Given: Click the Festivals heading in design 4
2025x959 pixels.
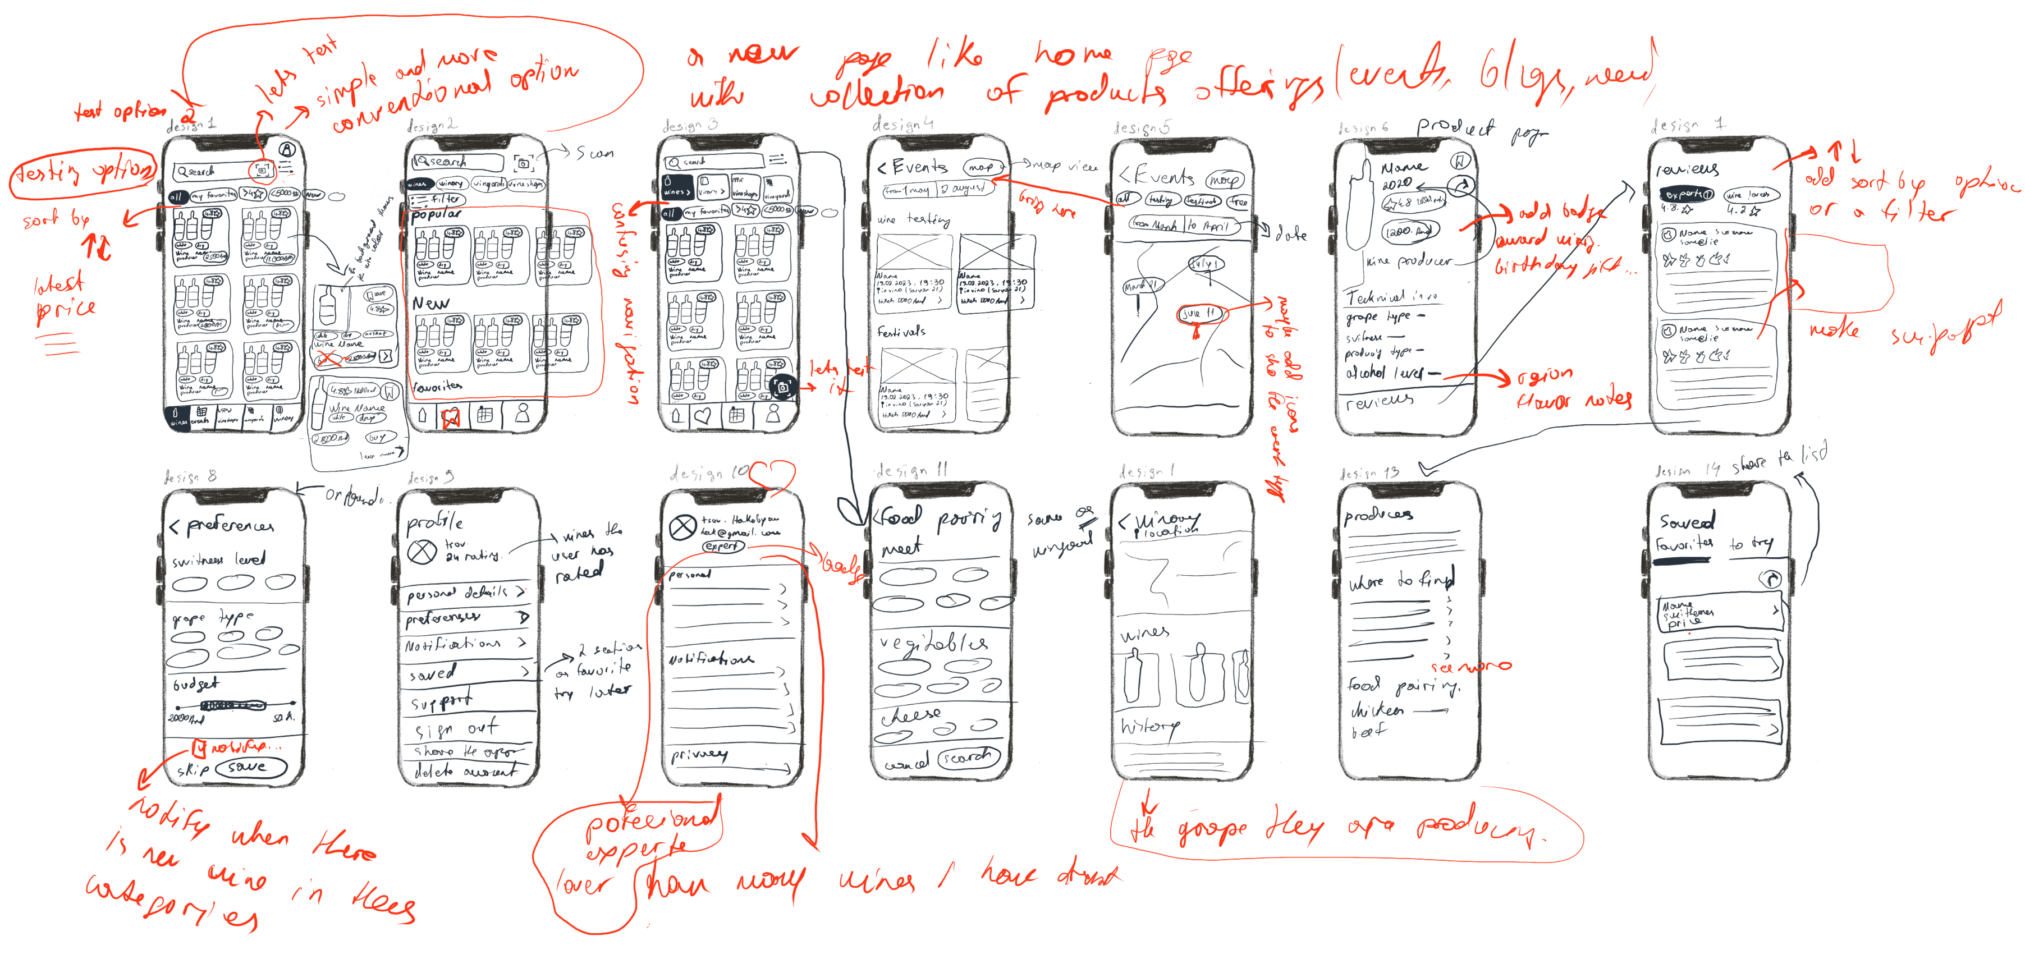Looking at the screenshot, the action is [x=902, y=332].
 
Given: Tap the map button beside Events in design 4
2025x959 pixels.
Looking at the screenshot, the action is [x=983, y=167].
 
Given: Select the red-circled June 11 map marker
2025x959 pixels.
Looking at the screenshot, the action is [x=1199, y=314].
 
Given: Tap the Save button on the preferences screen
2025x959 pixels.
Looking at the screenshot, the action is [x=250, y=767].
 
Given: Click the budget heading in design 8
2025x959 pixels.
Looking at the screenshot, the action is [x=196, y=684].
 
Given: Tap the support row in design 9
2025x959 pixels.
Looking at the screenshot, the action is [x=440, y=700].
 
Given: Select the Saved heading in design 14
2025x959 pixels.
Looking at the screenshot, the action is [x=1687, y=521].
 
